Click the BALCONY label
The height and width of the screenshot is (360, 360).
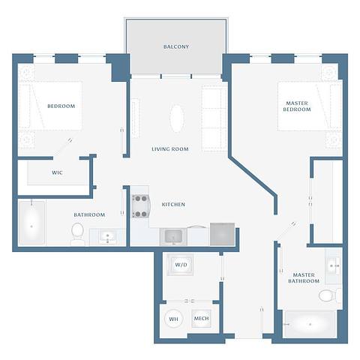[176, 46]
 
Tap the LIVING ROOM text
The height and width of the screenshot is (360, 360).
[170, 149]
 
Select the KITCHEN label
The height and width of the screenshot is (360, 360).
[173, 204]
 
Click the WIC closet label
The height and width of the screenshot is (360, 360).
[57, 172]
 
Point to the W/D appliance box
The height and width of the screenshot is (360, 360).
[181, 265]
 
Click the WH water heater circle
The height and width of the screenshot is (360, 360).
[174, 319]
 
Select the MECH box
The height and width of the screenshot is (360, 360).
[202, 319]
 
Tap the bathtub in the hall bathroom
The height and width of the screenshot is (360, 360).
[32, 223]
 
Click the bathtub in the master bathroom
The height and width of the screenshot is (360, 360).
[311, 325]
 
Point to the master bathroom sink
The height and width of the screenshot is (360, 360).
[333, 264]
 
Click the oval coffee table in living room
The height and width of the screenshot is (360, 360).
[177, 118]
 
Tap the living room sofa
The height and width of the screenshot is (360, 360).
[214, 116]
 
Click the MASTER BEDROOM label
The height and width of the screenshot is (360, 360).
[297, 106]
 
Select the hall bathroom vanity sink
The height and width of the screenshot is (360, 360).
[108, 237]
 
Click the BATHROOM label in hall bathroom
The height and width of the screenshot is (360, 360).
[88, 214]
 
